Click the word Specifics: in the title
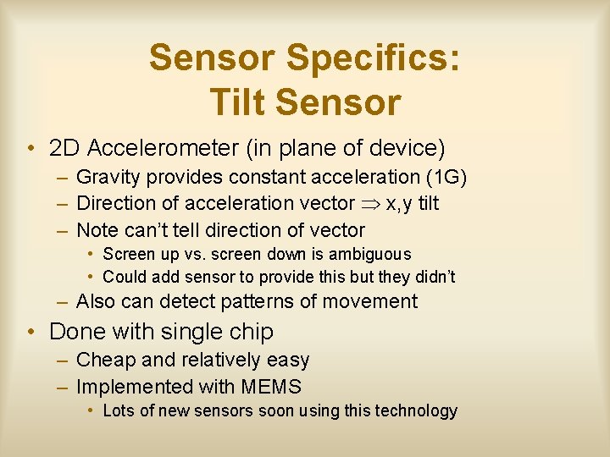[x=374, y=58]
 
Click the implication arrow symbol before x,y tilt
[x=370, y=204]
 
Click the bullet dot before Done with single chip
[x=30, y=331]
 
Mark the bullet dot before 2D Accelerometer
[x=30, y=150]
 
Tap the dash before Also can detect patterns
[x=64, y=301]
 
